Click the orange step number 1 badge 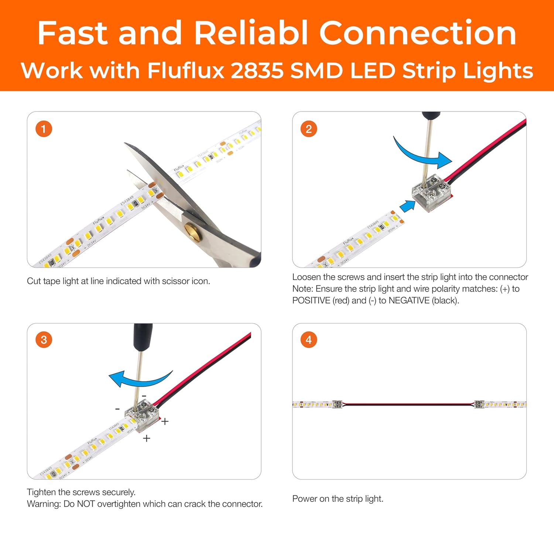point(44,129)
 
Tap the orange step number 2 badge point(309,129)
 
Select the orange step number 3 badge point(44,340)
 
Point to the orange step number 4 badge point(309,340)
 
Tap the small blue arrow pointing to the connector point(407,206)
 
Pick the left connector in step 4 point(337,404)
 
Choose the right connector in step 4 point(479,404)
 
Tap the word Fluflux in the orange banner point(186,71)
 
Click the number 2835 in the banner point(257,71)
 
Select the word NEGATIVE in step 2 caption point(409,301)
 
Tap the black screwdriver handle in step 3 point(143,336)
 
